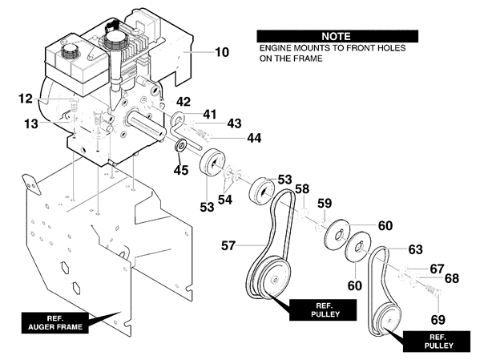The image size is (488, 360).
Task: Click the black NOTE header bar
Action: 337,36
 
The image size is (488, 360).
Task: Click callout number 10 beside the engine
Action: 222,52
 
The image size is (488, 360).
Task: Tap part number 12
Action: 26,99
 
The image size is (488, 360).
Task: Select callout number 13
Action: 31,123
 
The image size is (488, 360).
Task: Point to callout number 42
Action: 184,102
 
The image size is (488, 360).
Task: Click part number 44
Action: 254,138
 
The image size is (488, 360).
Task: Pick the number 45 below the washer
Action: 181,170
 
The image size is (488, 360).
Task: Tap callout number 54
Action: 225,200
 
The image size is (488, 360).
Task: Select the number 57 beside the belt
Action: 228,245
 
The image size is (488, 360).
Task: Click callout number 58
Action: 302,189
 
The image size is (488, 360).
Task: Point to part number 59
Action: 325,204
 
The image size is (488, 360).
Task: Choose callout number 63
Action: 416,249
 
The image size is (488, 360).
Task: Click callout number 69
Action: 438,320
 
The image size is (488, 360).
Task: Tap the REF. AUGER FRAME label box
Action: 55,323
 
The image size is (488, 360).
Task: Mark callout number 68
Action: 452,278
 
